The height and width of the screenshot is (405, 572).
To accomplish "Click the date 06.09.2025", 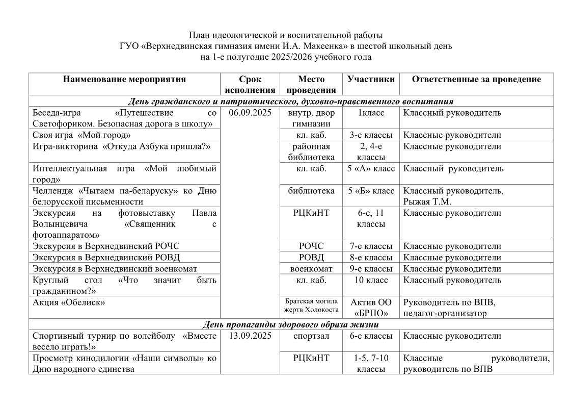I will pos(250,113).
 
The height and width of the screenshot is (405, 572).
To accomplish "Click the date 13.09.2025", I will pos(250,336).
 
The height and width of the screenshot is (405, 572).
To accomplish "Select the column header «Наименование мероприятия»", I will pos(124,79).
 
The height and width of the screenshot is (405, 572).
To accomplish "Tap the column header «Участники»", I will pos(371,79).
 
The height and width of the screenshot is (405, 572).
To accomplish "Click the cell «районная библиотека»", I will pos(311,151).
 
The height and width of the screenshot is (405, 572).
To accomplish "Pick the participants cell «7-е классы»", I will pos(371,246).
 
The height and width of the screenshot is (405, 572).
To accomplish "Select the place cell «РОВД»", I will pos(311,258).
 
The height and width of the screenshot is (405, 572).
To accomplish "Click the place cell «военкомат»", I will pos(311,269).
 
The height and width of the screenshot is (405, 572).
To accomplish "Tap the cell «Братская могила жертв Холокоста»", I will pos(311,306).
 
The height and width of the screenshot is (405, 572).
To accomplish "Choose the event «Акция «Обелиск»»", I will pos(69,302).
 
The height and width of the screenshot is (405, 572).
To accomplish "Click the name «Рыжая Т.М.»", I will pos(427,201).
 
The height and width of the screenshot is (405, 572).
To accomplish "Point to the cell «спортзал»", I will pos(311,336).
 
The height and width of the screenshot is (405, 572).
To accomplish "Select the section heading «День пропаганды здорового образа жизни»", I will pos(290,324).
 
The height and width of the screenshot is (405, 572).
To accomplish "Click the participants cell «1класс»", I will pos(371,113).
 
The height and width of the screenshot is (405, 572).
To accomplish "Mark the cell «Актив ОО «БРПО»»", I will pos(371,308).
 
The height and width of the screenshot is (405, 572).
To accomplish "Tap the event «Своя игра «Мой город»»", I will pos(81,135).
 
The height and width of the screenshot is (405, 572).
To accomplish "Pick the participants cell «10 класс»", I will pos(371,280).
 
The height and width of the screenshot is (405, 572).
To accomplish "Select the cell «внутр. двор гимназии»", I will pos(311,118).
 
